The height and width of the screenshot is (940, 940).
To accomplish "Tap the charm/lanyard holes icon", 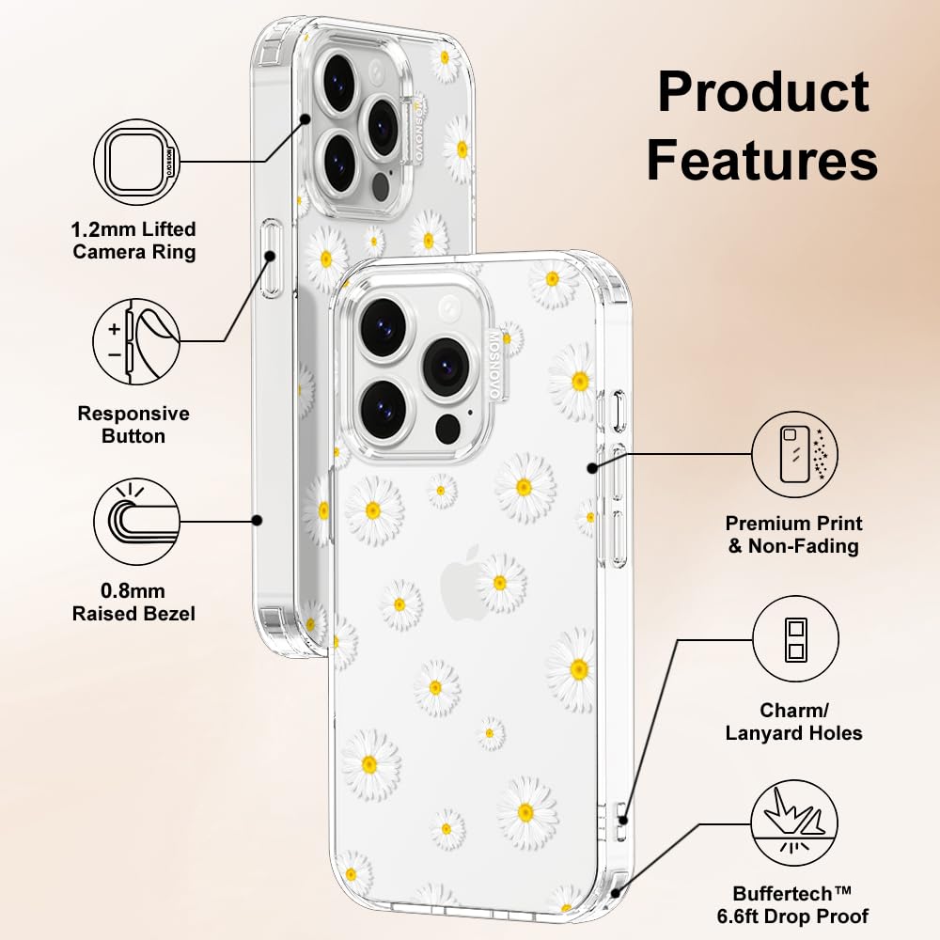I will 795,639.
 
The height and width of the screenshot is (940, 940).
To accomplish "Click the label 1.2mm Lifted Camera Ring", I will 134,241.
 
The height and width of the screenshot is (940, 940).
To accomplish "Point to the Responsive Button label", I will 133,425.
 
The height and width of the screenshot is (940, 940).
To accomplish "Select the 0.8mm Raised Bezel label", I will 134,603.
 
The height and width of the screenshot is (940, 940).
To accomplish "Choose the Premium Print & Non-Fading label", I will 794,534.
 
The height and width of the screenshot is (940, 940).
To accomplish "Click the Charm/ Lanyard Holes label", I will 794,722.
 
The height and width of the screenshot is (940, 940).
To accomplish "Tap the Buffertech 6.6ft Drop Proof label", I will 801,904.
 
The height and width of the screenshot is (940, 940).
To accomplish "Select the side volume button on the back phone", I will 272,259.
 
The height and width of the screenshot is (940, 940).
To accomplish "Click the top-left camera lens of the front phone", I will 384,327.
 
